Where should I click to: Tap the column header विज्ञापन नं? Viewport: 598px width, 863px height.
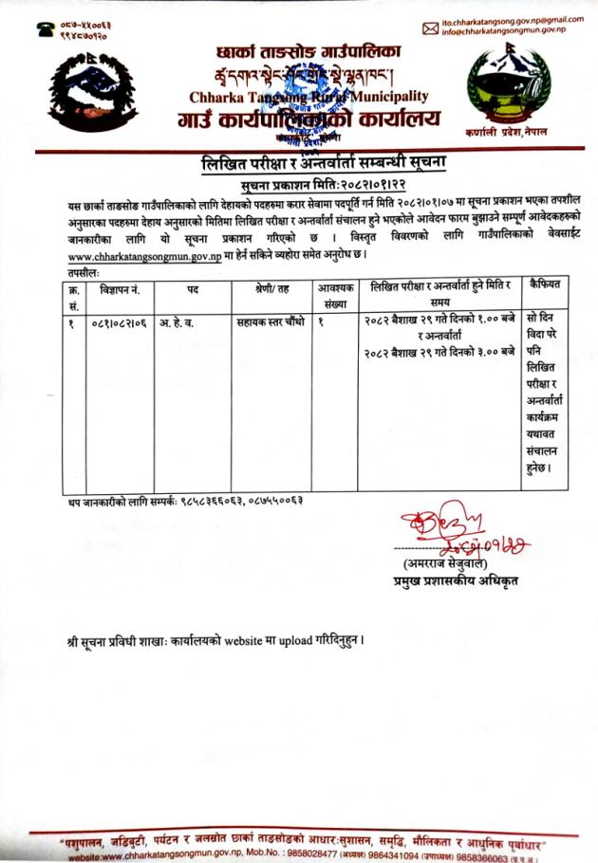click(x=120, y=285)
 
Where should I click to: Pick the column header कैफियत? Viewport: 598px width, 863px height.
click(x=544, y=285)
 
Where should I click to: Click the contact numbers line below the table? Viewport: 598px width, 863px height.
click(x=186, y=499)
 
